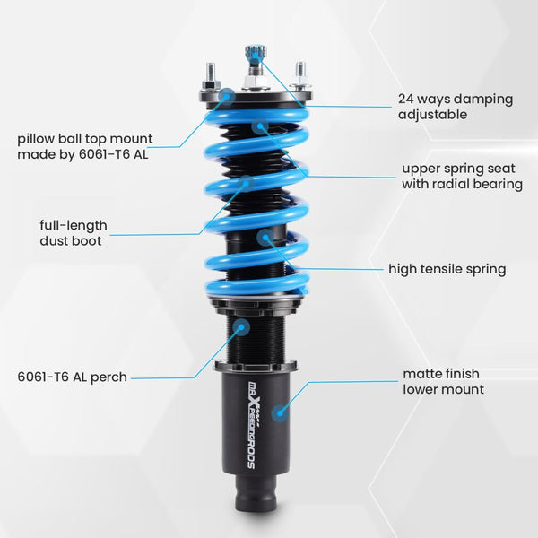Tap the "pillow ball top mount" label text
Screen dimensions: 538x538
[85, 145]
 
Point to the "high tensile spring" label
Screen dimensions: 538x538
[447, 268]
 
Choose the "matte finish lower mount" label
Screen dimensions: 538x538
[444, 381]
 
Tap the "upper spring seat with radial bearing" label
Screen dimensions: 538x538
[462, 176]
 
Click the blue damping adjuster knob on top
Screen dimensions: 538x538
[255, 55]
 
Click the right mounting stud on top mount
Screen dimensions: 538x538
[300, 71]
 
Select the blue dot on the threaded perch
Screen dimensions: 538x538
[242, 327]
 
